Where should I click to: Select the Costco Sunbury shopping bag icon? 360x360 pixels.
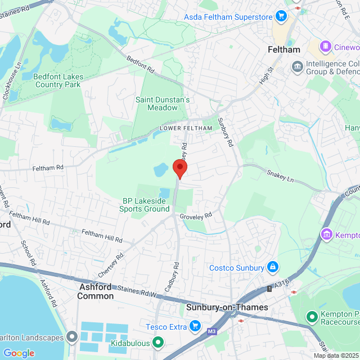click(272, 266)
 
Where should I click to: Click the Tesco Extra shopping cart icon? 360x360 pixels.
click(195, 326)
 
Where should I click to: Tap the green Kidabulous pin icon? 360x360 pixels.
click(158, 341)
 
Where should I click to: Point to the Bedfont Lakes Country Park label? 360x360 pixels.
click(58, 80)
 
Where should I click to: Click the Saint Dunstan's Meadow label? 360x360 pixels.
click(163, 103)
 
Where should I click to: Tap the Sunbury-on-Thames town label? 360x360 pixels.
click(227, 308)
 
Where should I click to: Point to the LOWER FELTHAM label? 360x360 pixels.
click(186, 128)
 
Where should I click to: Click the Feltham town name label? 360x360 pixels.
click(284, 49)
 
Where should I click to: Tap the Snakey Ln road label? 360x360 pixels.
click(280, 175)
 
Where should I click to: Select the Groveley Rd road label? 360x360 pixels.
click(196, 215)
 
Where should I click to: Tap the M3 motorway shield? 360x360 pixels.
click(211, 331)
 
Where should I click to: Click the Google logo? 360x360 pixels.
click(19, 353)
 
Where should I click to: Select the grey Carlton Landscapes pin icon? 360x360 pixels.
click(71, 337)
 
